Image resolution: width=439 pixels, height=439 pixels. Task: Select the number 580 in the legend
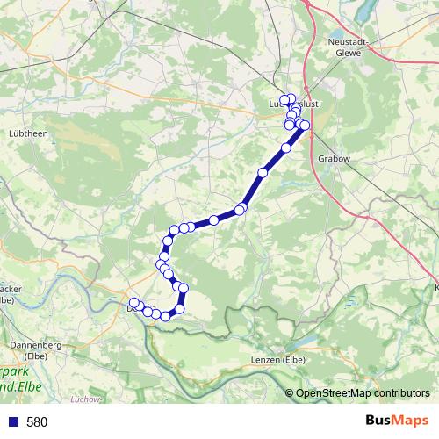pos(37,422)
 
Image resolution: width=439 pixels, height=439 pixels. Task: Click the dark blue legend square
pos(12,422)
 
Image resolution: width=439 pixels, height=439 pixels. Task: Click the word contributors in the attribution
pos(400,393)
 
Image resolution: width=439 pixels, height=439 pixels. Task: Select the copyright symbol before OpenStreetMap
pos(291,393)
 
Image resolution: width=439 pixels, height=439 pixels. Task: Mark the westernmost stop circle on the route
pos(133,303)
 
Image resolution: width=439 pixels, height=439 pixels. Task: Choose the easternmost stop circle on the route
pos(305,126)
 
